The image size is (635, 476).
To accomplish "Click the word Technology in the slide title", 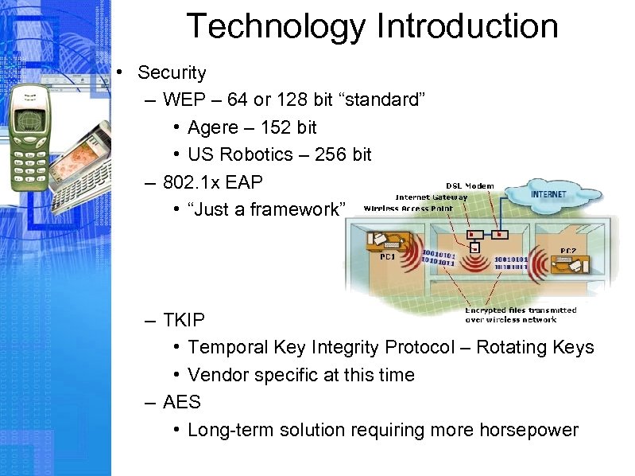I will [276, 26].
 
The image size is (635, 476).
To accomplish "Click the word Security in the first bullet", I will [171, 72].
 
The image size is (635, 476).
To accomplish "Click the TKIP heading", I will [184, 320].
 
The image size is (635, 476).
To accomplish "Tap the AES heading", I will [181, 403].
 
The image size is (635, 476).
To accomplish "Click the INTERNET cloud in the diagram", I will [548, 194].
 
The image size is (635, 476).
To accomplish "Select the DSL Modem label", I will [470, 185].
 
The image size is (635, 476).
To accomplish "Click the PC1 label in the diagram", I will [387, 256].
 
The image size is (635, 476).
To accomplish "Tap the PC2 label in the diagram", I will [567, 251].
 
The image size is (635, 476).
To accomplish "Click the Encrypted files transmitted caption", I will [521, 310].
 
